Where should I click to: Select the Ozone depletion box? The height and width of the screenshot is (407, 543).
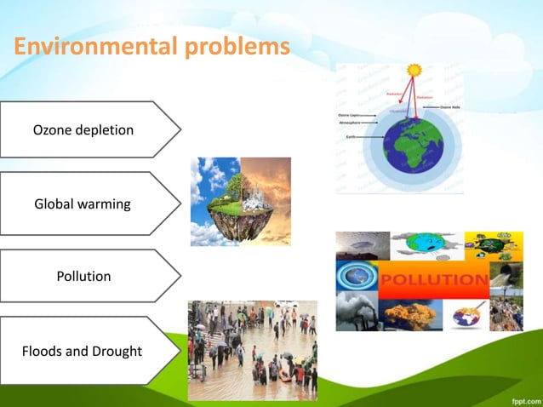[85, 130]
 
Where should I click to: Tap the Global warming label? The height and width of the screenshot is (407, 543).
[83, 204]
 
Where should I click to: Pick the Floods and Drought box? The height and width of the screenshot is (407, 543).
[83, 351]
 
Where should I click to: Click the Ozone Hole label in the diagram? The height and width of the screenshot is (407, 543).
[449, 108]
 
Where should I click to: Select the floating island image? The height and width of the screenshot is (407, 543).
[240, 202]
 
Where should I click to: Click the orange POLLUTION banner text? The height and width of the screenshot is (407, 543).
[434, 280]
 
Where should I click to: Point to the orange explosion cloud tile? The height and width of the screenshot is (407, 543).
[410, 314]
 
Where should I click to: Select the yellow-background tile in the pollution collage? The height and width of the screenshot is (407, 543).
[494, 244]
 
